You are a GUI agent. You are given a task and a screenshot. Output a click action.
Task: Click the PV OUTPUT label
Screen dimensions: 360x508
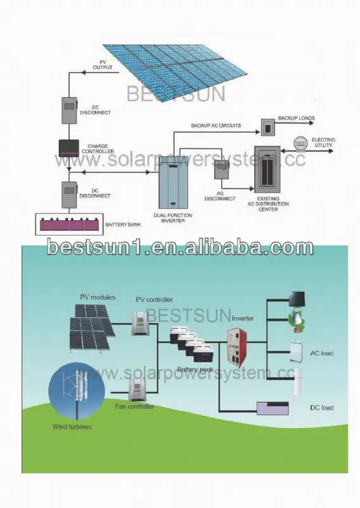point(102,65)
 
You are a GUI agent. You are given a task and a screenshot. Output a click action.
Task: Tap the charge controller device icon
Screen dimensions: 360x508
point(69,148)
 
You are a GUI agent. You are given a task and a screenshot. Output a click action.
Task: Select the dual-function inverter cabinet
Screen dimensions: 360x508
point(173,186)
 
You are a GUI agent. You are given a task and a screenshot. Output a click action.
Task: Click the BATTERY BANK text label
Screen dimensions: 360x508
point(123,224)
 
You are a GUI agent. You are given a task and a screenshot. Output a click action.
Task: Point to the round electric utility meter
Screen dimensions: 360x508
point(300,144)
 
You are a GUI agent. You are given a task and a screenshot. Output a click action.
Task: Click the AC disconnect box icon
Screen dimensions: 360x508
point(222,170)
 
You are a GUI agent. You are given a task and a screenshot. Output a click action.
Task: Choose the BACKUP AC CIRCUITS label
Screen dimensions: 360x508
point(216,125)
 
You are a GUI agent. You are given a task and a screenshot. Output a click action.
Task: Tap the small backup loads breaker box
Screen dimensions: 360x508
point(268,128)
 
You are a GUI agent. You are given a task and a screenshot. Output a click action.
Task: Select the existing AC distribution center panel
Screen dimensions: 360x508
point(267,170)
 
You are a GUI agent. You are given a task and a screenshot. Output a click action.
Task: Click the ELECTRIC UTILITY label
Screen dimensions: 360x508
point(323,142)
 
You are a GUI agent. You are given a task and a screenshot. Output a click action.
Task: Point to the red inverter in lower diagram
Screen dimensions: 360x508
point(237,347)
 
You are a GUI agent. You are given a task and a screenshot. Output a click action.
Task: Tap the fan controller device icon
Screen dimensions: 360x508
point(137,389)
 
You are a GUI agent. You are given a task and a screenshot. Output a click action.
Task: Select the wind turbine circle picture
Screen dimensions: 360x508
point(77,387)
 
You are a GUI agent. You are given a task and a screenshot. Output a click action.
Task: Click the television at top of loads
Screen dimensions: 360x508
point(297,298)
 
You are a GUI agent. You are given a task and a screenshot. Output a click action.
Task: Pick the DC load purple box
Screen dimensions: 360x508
point(272,408)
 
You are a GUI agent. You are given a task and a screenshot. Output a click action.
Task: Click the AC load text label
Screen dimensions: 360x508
point(322,353)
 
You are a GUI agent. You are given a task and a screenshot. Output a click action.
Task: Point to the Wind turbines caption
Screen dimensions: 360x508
point(72,427)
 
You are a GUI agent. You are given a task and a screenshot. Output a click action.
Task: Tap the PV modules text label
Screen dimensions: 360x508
point(98,297)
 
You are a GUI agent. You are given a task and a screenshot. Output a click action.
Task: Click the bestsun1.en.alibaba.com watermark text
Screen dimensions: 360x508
point(180,248)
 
